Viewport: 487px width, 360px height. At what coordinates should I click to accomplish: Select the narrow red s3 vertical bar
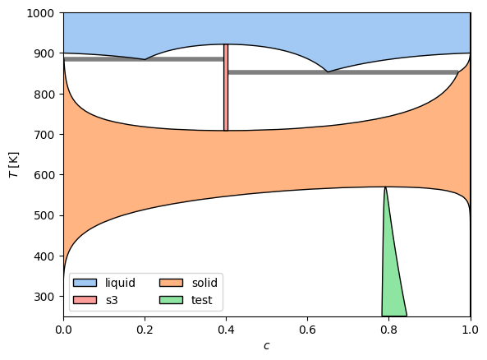[226, 87]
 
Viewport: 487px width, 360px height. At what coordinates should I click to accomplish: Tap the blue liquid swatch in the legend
[85, 283]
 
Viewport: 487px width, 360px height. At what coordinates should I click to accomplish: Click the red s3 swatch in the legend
[85, 300]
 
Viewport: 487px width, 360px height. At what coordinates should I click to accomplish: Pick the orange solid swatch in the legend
[171, 283]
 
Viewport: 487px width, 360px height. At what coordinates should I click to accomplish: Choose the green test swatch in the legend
[171, 300]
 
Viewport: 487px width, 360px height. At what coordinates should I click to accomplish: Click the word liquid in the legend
[120, 283]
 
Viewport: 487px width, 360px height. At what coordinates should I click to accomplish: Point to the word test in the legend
[201, 300]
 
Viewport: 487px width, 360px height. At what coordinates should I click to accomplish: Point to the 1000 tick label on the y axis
[40, 13]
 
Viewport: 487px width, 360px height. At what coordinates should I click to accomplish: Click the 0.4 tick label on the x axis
[226, 330]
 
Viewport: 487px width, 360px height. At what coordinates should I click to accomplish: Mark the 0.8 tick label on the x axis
[388, 330]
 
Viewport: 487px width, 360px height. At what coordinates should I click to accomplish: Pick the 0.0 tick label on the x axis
[64, 330]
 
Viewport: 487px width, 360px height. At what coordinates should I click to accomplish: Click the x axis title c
[266, 346]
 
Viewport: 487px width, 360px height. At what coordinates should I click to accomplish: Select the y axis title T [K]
[14, 164]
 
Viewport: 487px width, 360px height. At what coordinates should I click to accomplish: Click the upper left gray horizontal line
[144, 59]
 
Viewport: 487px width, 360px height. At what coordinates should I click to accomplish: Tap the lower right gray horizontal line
[343, 72]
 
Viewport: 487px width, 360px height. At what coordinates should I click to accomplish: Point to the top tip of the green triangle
[385, 187]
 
